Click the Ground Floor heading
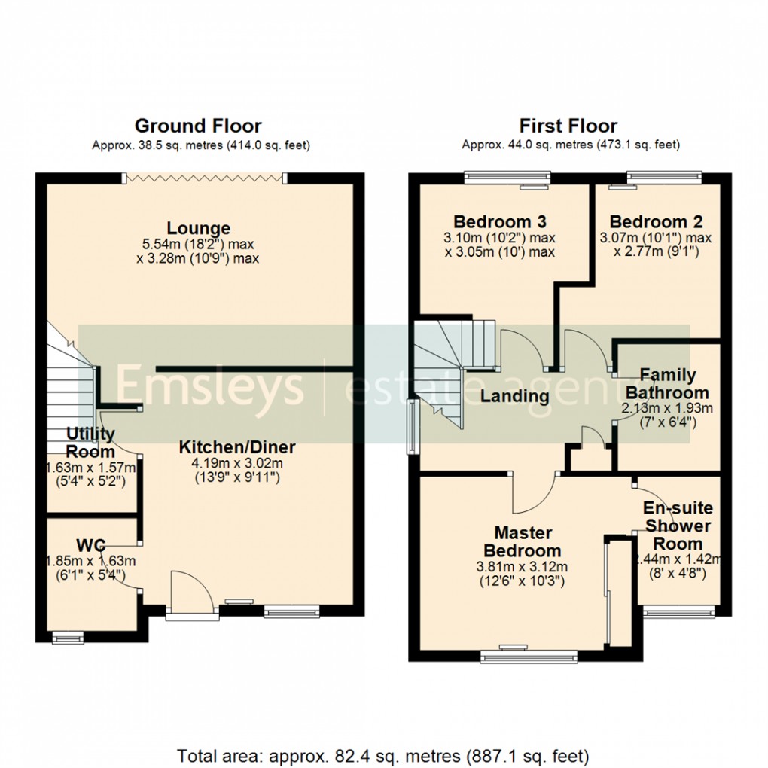[198, 126]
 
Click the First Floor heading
[568, 126]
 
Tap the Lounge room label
[199, 227]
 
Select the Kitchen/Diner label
[237, 447]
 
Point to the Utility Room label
[90, 443]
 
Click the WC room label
[88, 544]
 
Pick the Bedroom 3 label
[499, 222]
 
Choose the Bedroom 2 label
[656, 222]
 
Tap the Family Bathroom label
[667, 383]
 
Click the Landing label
[515, 395]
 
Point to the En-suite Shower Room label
[677, 526]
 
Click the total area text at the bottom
[383, 754]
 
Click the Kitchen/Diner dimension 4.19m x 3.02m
[237, 463]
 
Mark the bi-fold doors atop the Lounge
[205, 178]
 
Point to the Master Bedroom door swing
[533, 493]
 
